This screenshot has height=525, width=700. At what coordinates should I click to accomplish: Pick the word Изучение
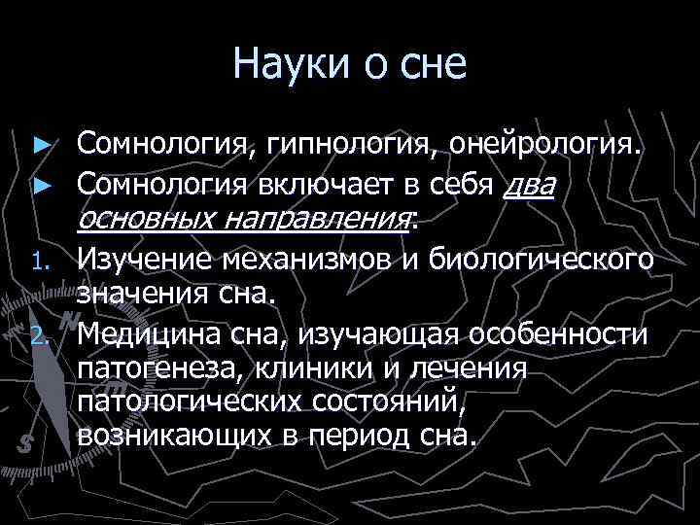coord(146,260)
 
